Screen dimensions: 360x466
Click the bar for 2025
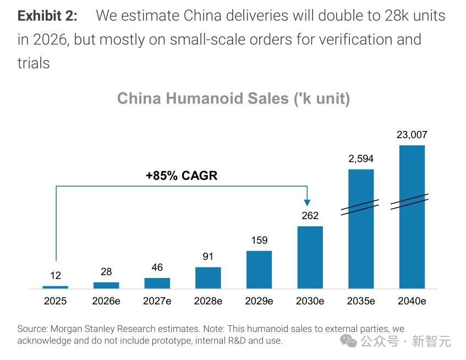click(55, 287)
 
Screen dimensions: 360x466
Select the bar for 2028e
click(208, 277)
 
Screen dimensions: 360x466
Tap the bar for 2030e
click(310, 257)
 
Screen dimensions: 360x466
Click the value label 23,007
click(412, 135)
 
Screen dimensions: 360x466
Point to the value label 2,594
click(361, 159)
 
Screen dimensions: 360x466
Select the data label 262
click(310, 216)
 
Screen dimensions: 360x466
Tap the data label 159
click(259, 241)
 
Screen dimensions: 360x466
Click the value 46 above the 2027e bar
click(157, 268)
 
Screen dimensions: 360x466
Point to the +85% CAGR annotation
click(182, 176)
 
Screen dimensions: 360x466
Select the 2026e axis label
click(106, 301)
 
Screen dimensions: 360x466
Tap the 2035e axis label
click(361, 301)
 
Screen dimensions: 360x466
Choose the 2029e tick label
click(259, 301)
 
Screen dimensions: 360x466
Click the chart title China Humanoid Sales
click(233, 99)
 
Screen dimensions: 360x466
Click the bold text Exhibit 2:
click(47, 15)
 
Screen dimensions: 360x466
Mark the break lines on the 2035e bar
click(360, 206)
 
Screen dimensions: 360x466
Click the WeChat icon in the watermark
click(348, 341)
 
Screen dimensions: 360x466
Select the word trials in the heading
click(34, 63)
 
